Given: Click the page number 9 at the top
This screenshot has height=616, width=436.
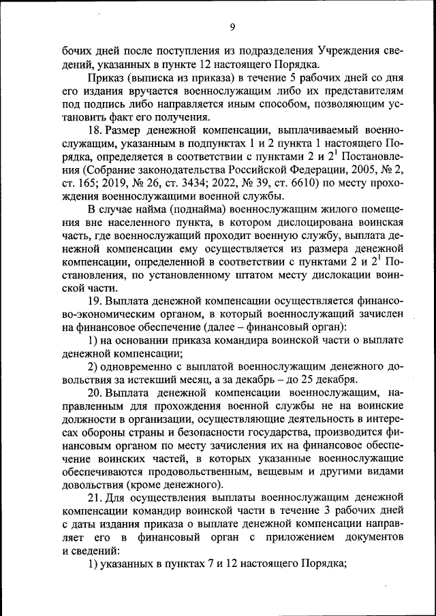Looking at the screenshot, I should [232, 27].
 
